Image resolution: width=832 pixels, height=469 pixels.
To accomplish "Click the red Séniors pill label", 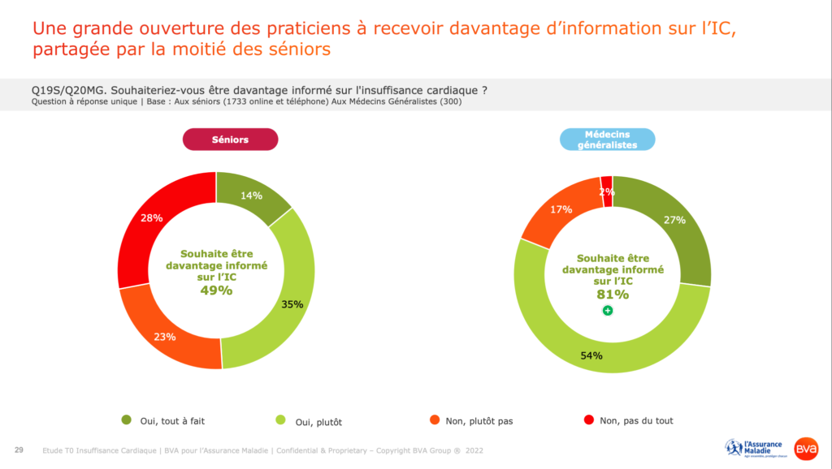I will [x=230, y=140].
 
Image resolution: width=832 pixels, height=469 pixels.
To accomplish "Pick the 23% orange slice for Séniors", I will [x=167, y=332].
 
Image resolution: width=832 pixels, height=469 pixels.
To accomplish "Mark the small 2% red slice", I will [x=606, y=191].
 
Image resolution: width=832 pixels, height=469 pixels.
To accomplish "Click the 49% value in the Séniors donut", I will [x=216, y=290].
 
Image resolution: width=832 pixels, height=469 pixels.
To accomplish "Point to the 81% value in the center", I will [x=613, y=294].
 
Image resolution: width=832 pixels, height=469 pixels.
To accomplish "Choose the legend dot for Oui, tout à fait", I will [x=126, y=420].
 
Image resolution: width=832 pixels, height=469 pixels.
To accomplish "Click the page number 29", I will [x=18, y=450].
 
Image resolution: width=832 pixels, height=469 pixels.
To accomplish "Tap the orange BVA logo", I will [x=806, y=448].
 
